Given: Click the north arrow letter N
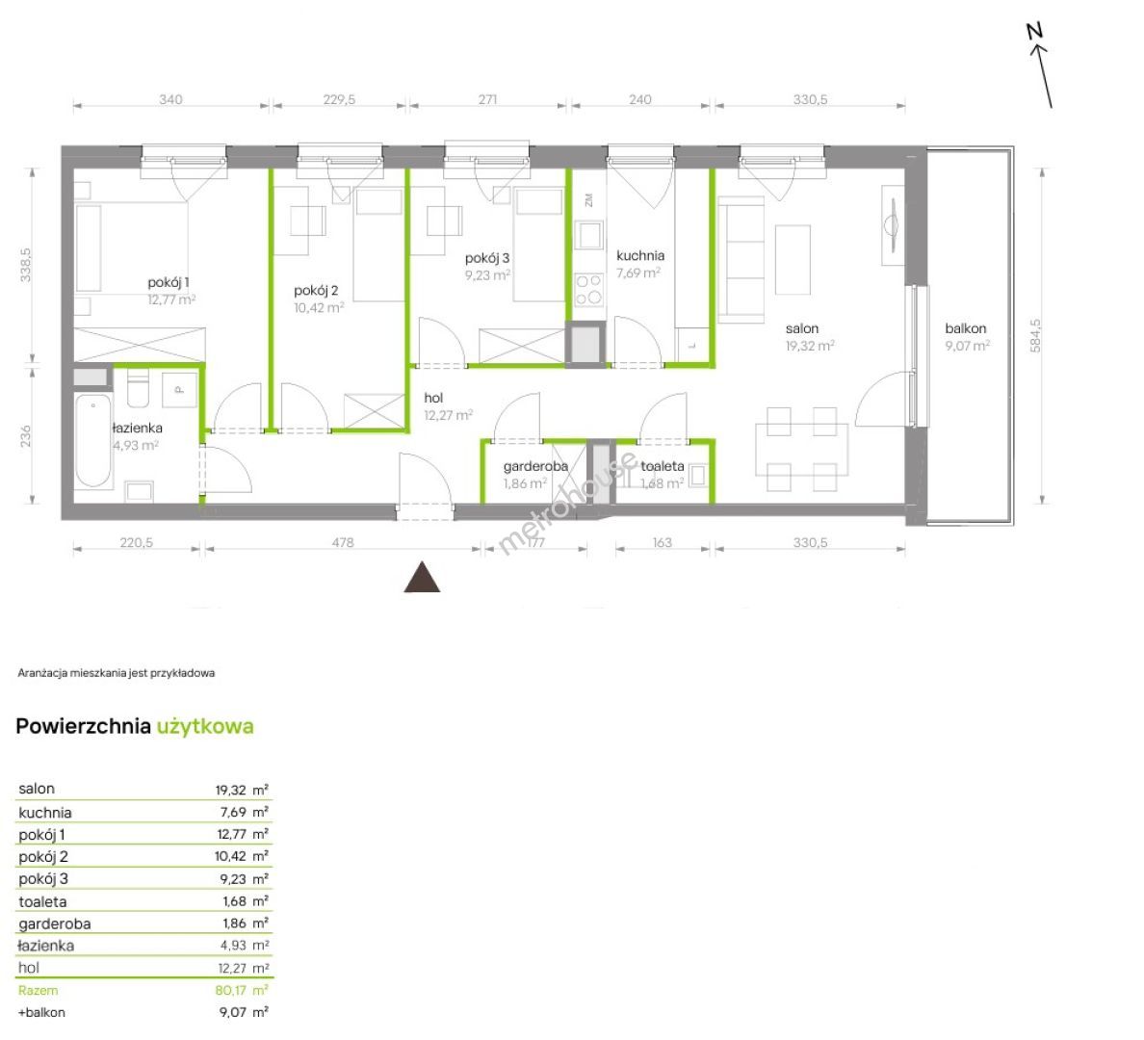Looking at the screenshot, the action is pyautogui.click(x=1034, y=32).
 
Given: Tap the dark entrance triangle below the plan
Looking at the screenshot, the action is pyautogui.click(x=423, y=577).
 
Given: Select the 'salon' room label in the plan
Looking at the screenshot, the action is pyautogui.click(x=802, y=328).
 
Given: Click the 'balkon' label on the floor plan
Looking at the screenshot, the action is pyautogui.click(x=965, y=328).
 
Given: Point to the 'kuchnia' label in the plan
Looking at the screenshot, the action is pyautogui.click(x=639, y=255).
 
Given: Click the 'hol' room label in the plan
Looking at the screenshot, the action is pyautogui.click(x=433, y=398).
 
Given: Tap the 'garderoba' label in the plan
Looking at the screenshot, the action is pyautogui.click(x=535, y=466).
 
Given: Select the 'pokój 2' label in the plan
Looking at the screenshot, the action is pyautogui.click(x=316, y=291).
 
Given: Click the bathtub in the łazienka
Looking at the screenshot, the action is pyautogui.click(x=93, y=441).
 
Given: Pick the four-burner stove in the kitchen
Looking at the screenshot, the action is pyautogui.click(x=588, y=289).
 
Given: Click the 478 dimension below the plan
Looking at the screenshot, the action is pyautogui.click(x=343, y=542).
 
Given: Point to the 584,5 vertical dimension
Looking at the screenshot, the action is pyautogui.click(x=1035, y=336).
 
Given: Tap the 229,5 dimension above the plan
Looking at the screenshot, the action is pyautogui.click(x=339, y=99).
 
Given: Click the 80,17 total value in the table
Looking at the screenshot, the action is pyautogui.click(x=230, y=990).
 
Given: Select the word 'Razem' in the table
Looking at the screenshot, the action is pyautogui.click(x=38, y=990).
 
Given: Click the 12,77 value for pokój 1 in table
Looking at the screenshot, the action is pyautogui.click(x=231, y=834).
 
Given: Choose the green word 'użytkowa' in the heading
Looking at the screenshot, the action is pyautogui.click(x=205, y=726).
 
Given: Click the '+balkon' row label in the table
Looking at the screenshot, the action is pyautogui.click(x=41, y=1012).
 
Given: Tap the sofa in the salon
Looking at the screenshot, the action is pyautogui.click(x=741, y=261).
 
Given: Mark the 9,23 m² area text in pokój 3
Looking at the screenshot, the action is pyautogui.click(x=487, y=275).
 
